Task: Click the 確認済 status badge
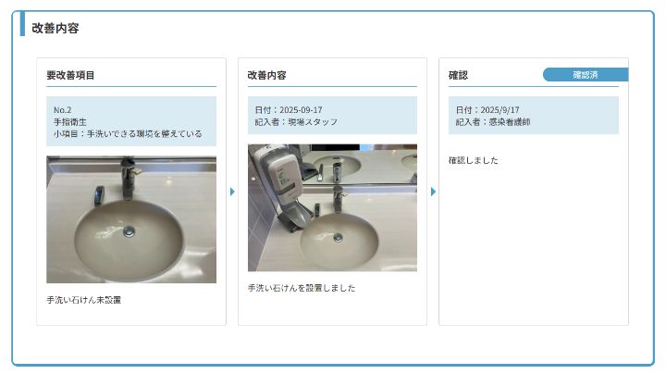[586, 75]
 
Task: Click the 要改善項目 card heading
[70, 75]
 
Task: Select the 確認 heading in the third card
[458, 75]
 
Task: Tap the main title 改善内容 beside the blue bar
[55, 28]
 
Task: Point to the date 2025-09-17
[301, 109]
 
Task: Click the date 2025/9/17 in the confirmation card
[499, 109]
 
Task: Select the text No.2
[63, 109]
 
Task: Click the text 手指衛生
[70, 121]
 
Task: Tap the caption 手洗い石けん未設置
[83, 300]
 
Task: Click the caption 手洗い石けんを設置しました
[302, 288]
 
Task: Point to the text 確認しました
[474, 160]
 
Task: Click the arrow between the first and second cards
[232, 192]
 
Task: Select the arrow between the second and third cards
[433, 192]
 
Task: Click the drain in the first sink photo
[129, 231]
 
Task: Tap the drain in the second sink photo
[339, 238]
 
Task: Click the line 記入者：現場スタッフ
[296, 122]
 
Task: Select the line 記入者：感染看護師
[493, 122]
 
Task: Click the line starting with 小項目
[128, 133]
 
